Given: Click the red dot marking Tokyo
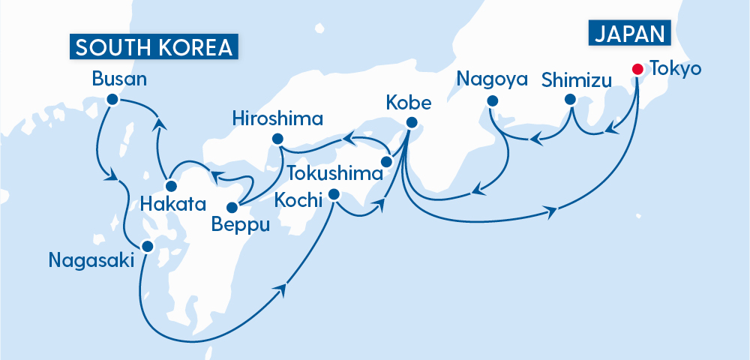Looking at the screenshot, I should pos(637,70).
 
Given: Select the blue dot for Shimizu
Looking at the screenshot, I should pos(570,100).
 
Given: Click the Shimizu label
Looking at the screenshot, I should pos(577,79).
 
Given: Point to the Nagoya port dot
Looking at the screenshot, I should pos(492,100).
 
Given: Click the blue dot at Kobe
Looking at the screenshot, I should pos(411,123).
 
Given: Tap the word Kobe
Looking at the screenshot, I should pos(409,101).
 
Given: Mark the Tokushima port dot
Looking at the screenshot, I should pos(387,162).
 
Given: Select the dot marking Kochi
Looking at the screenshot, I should pos(334,194).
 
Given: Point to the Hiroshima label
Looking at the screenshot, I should pos(277,118).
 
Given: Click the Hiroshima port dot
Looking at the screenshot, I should pos(277,138).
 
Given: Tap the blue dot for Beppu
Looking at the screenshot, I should pos(232,207).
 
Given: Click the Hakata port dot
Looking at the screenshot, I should pos(171,186).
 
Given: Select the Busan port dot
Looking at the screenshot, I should pos(112,99).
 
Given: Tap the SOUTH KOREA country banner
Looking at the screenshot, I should pos(154,47).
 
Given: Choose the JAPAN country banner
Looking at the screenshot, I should pos(630,34).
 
